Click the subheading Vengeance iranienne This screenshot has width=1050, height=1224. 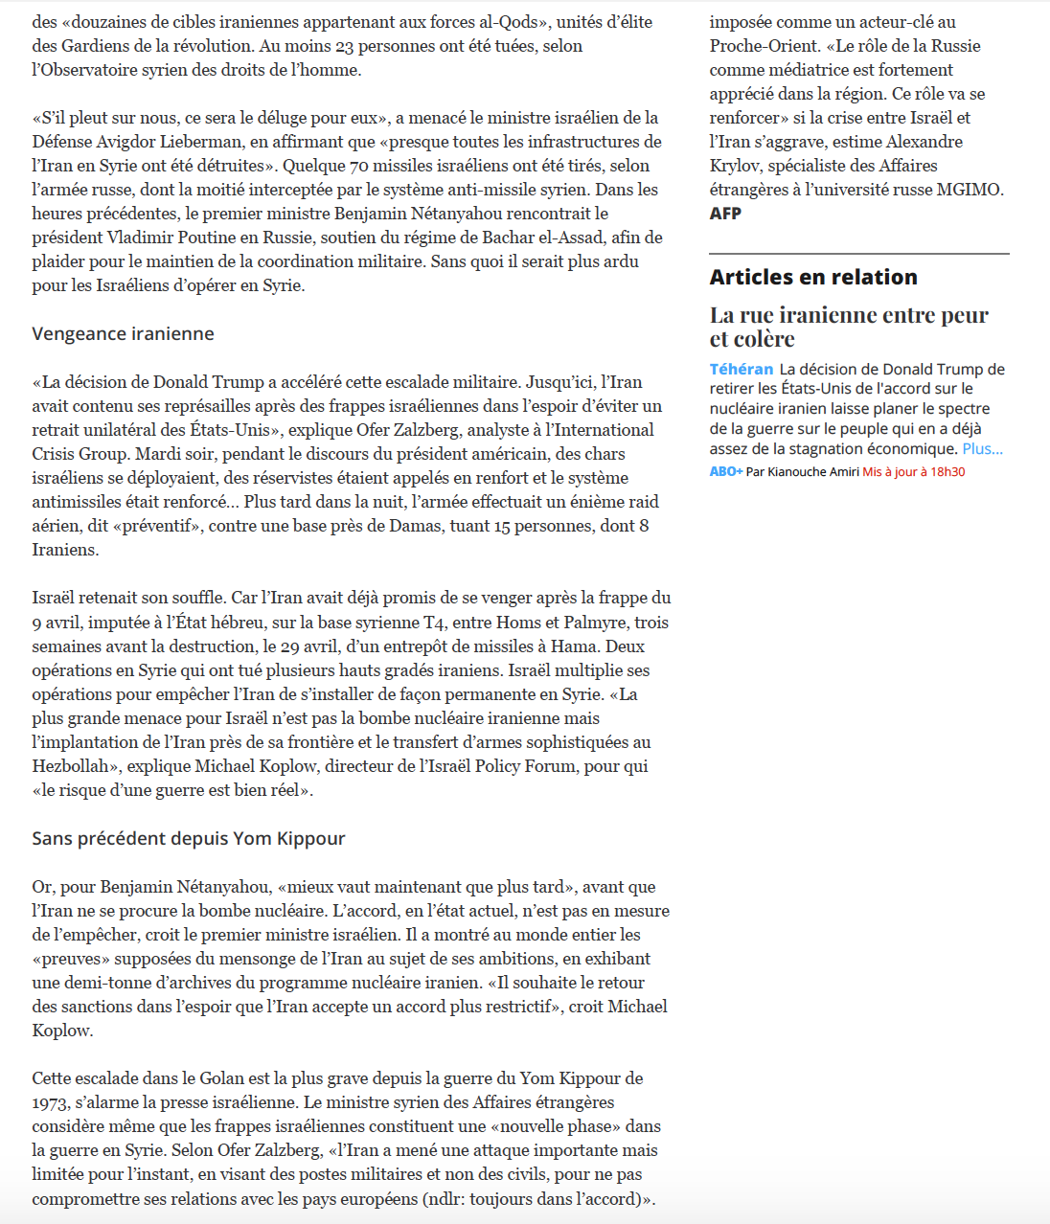pyautogui.click(x=123, y=334)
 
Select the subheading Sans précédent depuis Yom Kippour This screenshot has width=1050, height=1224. pyautogui.click(x=188, y=839)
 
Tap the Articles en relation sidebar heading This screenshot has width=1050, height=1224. pyautogui.click(x=813, y=278)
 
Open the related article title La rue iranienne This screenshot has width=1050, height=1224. pyautogui.click(x=849, y=327)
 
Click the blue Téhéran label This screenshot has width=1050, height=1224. pyautogui.click(x=741, y=370)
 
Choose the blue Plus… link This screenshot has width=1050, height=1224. pyautogui.click(x=982, y=449)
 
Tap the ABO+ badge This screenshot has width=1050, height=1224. pyautogui.click(x=725, y=472)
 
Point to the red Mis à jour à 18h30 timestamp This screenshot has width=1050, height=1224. pyautogui.click(x=913, y=472)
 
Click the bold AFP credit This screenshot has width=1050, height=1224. pyautogui.click(x=725, y=214)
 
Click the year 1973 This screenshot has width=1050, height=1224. pyautogui.click(x=50, y=1102)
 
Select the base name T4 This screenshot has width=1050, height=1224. pyautogui.click(x=434, y=623)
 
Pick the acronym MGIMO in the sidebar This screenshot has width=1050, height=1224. pyautogui.click(x=970, y=190)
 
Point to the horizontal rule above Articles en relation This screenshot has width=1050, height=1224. pyautogui.click(x=859, y=254)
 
